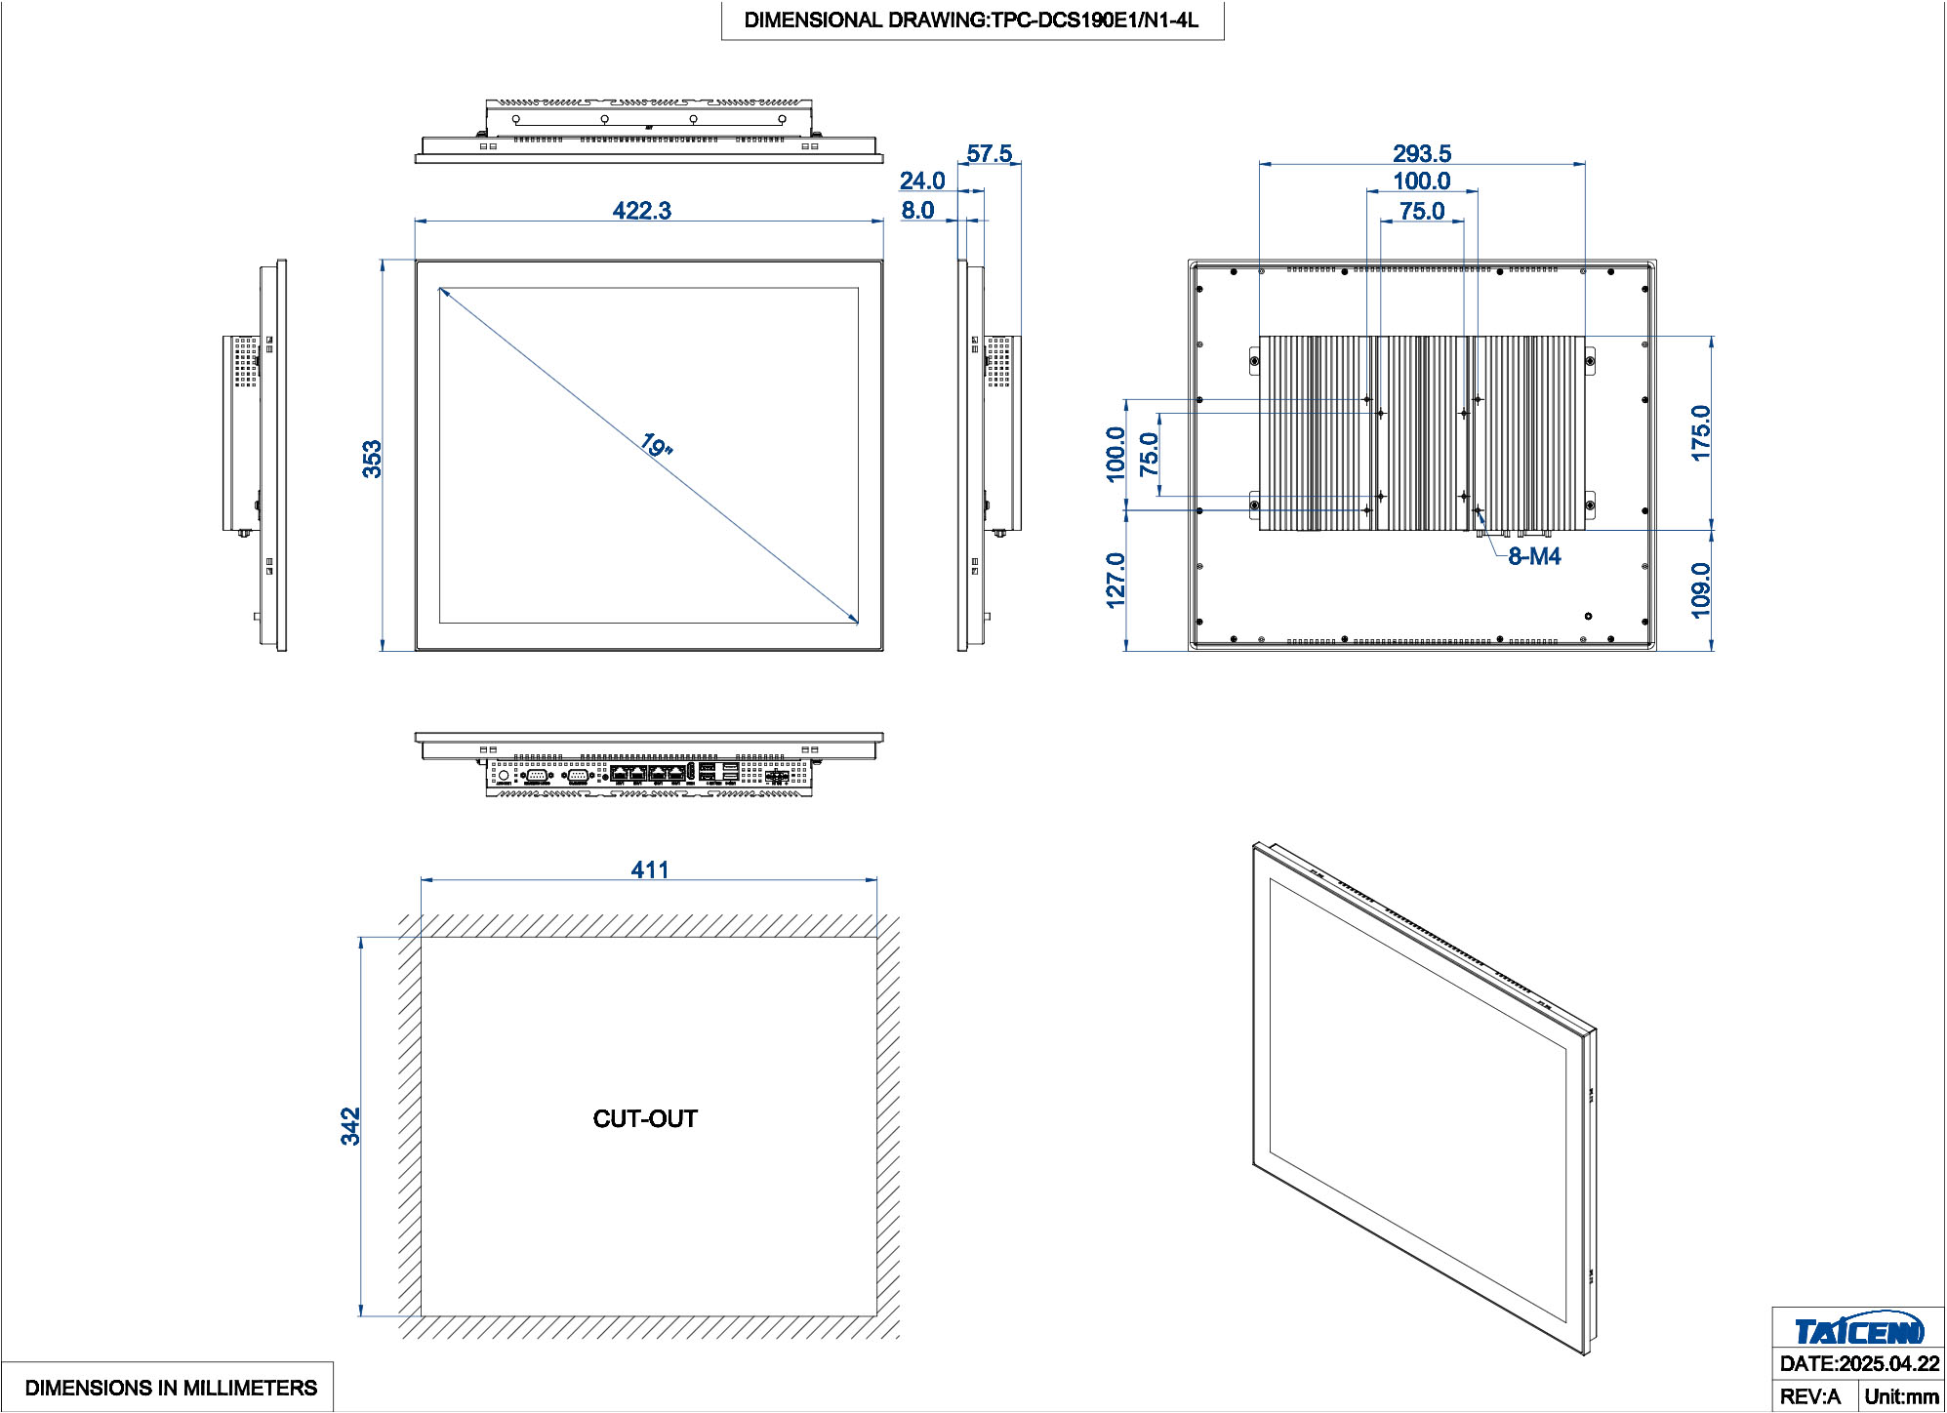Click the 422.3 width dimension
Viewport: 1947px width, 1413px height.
[x=641, y=211]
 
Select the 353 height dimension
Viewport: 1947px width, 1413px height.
[x=372, y=459]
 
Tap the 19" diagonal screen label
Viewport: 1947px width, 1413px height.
[x=656, y=446]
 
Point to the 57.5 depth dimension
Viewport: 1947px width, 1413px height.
[x=989, y=154]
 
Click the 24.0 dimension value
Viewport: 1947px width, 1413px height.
[x=921, y=182]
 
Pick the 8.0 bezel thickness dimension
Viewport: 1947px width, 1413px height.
[x=917, y=211]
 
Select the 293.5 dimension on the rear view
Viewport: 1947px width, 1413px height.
[x=1421, y=154]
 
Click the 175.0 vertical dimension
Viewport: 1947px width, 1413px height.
[x=1700, y=432]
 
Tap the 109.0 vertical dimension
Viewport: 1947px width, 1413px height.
[x=1700, y=589]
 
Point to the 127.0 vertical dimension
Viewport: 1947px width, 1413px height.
[x=1115, y=580]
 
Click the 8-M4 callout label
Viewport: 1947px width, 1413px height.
[x=1534, y=556]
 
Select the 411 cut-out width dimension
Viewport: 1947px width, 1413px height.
[x=649, y=869]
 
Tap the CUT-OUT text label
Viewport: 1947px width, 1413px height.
[x=645, y=1118]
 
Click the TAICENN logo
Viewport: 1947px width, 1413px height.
[x=1858, y=1330]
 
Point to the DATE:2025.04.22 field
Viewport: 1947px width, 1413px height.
[x=1858, y=1364]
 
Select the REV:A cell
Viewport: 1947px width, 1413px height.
[x=1810, y=1396]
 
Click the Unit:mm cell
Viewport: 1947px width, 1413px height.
[x=1900, y=1396]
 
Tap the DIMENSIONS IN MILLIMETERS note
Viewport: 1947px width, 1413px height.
[x=171, y=1388]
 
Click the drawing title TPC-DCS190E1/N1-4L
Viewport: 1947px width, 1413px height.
[x=971, y=20]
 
